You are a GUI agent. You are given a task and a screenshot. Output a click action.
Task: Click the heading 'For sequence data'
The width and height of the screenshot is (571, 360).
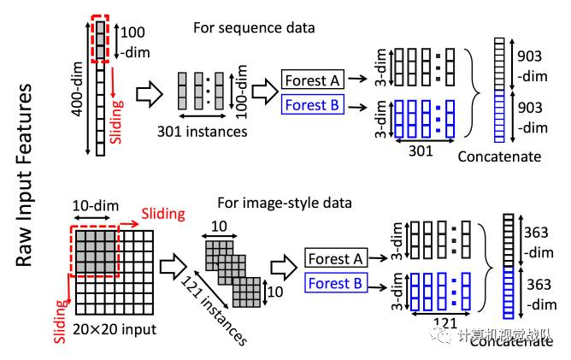pyautogui.click(x=254, y=28)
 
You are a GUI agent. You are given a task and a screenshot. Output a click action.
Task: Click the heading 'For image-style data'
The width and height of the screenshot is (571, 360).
pyautogui.click(x=285, y=203)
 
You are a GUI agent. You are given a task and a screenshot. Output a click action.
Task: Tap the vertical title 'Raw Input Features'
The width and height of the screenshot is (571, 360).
pyautogui.click(x=25, y=175)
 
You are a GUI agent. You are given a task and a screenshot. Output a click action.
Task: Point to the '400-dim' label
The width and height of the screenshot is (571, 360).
pyautogui.click(x=78, y=89)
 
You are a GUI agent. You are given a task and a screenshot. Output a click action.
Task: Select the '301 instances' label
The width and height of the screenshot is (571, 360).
pyautogui.click(x=202, y=132)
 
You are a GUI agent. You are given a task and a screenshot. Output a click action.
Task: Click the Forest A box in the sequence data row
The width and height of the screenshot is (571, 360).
pyautogui.click(x=313, y=80)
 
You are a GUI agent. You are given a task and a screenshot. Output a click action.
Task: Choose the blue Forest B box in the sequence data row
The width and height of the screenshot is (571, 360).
pyautogui.click(x=313, y=104)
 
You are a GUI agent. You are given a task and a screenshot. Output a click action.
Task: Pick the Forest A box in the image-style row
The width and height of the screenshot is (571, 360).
pyautogui.click(x=336, y=258)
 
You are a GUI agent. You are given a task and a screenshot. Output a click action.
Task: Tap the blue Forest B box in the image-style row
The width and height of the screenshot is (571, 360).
pyautogui.click(x=336, y=283)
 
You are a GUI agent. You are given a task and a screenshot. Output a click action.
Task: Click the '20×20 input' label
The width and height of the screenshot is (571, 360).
pyautogui.click(x=115, y=329)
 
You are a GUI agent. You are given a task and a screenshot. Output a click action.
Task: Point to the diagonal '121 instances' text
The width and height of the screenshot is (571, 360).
pyautogui.click(x=214, y=310)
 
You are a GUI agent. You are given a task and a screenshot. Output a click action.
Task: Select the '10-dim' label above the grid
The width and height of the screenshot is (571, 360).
pyautogui.click(x=96, y=206)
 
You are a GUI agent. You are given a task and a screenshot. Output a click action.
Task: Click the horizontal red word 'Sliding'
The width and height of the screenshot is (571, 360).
pyautogui.click(x=163, y=214)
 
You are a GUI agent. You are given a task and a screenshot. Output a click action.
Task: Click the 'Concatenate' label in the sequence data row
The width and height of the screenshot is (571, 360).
pyautogui.click(x=499, y=156)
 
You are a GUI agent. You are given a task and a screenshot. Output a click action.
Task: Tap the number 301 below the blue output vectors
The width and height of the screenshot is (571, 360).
pyautogui.click(x=421, y=150)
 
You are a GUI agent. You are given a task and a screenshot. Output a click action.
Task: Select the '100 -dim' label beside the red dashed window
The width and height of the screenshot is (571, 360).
pyautogui.click(x=135, y=42)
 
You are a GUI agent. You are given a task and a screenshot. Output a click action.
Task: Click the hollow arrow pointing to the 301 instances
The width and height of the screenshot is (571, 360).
pyautogui.click(x=150, y=95)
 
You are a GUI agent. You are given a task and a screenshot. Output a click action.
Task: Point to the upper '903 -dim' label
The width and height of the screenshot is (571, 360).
pyautogui.click(x=532, y=66)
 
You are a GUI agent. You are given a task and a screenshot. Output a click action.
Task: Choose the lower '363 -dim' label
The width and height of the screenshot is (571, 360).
pyautogui.click(x=541, y=294)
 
